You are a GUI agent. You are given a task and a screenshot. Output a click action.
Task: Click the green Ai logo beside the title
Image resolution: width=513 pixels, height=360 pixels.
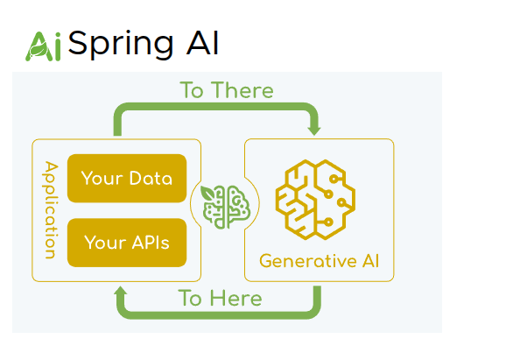pos(43,46)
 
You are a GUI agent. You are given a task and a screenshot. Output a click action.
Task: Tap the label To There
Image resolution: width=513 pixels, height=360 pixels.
pos(227,90)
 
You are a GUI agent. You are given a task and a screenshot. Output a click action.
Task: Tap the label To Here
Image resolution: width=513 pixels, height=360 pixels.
pos(220,298)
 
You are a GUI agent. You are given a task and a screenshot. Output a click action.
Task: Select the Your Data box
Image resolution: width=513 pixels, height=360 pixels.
pos(127,179)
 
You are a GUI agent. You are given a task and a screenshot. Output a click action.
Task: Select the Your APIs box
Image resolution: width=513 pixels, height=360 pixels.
pos(127,242)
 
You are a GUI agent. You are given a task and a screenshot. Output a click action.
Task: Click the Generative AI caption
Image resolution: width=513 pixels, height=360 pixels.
pos(320,261)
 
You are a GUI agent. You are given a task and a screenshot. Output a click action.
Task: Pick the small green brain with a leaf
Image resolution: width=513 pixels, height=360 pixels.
pos(221,207)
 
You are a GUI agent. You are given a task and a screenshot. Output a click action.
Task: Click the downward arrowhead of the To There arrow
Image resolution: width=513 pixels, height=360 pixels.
pos(313,130)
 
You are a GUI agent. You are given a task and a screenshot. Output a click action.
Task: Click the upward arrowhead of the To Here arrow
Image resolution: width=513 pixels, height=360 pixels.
pos(121,291)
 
